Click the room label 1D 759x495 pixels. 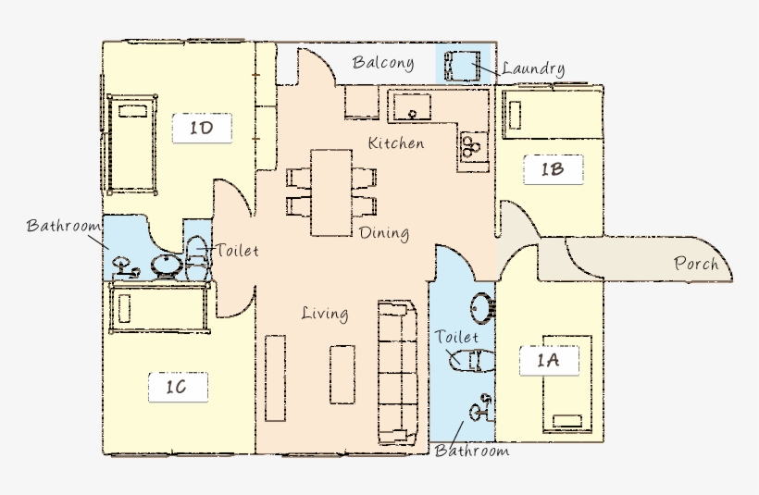pos(202,128)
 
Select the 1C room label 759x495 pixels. pos(177,388)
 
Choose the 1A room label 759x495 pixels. pos(549,360)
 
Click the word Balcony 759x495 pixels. pos(382,64)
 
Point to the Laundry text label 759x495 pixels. pos(533,68)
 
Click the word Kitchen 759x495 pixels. pos(396,143)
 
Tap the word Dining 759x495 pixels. pos(384,233)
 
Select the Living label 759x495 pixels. pos(325,314)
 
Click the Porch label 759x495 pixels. pos(696,264)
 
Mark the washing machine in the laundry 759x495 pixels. pos(460,67)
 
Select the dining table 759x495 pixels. pos(331,192)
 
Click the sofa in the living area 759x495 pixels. pos(400,372)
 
